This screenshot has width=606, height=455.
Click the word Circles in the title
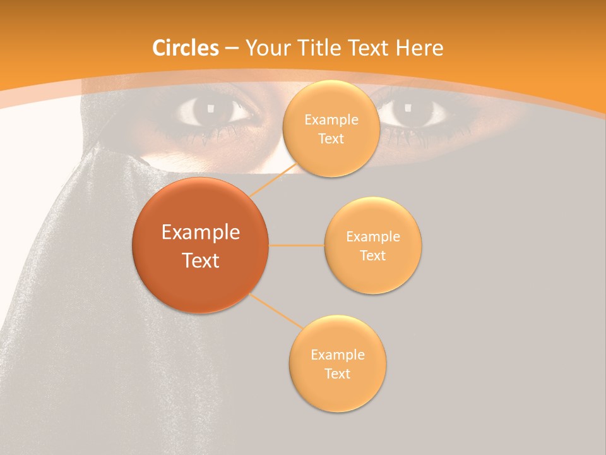pyautogui.click(x=185, y=48)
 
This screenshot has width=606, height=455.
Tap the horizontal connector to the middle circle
pyautogui.click(x=296, y=245)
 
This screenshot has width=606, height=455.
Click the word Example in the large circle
pyautogui.click(x=200, y=233)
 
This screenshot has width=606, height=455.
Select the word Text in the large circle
pyautogui.click(x=200, y=260)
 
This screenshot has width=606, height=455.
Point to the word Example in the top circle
pyautogui.click(x=331, y=120)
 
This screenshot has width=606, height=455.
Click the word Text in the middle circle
pyautogui.click(x=372, y=256)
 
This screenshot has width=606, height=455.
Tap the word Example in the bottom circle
pyautogui.click(x=337, y=355)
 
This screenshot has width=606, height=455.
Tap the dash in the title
pyautogui.click(x=232, y=49)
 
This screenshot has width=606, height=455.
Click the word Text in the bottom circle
pyautogui.click(x=337, y=374)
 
